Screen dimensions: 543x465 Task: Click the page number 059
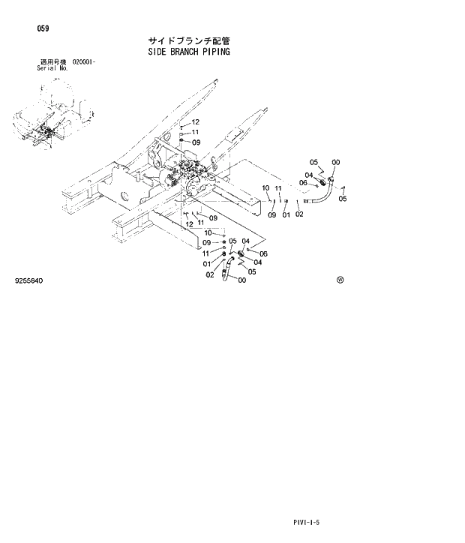pos(43,28)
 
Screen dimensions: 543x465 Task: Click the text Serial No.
pos(52,67)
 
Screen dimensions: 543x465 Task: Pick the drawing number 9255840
pos(28,280)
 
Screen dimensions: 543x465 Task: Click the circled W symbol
pos(340,280)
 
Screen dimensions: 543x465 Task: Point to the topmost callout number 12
pos(195,122)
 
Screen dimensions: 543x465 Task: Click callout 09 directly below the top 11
pos(196,142)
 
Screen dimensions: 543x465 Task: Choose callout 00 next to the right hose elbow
pos(335,162)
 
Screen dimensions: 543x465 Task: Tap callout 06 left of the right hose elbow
pos(303,183)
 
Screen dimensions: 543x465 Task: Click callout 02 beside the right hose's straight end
pos(298,215)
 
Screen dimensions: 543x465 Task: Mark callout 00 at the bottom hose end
pos(241,280)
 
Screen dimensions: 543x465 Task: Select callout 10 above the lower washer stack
pos(208,232)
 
